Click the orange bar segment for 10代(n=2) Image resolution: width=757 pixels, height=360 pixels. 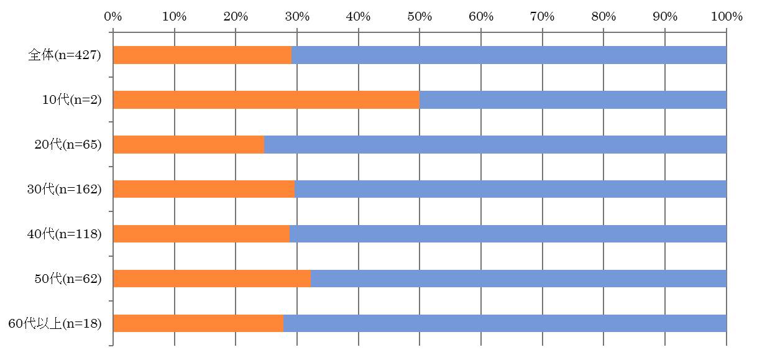pyautogui.click(x=266, y=100)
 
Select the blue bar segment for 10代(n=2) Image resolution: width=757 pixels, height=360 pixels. pyautogui.click(x=573, y=100)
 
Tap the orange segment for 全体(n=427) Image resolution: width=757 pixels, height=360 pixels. pyautogui.click(x=202, y=55)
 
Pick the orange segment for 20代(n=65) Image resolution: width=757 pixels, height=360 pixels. pyautogui.click(x=188, y=145)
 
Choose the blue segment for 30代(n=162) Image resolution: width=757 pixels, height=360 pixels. pyautogui.click(x=511, y=190)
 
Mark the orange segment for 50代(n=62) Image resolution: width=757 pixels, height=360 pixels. pyautogui.click(x=212, y=279)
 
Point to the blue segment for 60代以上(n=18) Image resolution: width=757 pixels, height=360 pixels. pyautogui.click(x=505, y=324)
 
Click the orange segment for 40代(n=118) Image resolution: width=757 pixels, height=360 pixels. pyautogui.click(x=201, y=234)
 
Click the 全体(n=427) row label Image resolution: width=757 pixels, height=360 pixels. pyautogui.click(x=65, y=55)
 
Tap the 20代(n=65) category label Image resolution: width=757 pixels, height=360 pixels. pyautogui.click(x=68, y=145)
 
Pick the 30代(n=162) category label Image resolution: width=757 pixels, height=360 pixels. pyautogui.click(x=65, y=190)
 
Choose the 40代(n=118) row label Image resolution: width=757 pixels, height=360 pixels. pyautogui.click(x=65, y=234)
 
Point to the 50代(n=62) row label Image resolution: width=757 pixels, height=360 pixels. pyautogui.click(x=68, y=279)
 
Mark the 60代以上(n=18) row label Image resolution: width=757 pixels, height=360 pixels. pyautogui.click(x=55, y=324)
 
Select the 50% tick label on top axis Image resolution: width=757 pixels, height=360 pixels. pyautogui.click(x=420, y=17)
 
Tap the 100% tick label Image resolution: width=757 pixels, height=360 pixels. pyautogui.click(x=726, y=17)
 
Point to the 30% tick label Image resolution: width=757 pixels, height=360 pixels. pyautogui.click(x=297, y=17)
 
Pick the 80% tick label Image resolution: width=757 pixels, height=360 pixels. pyautogui.click(x=603, y=17)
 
